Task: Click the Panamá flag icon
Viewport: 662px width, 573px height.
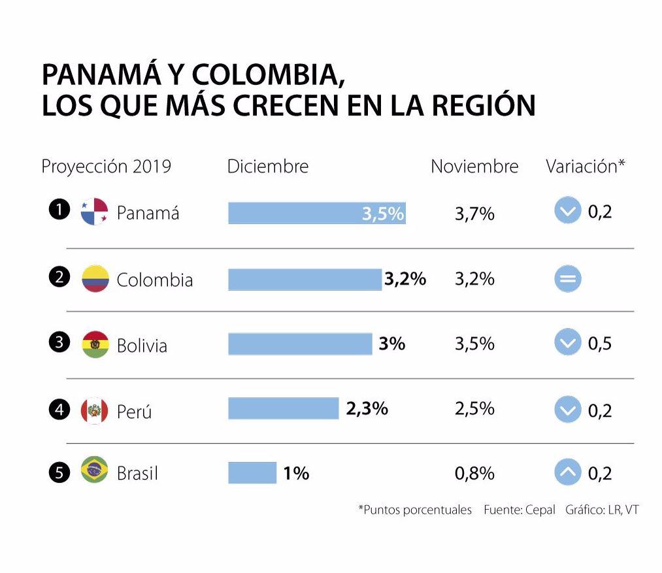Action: (x=94, y=212)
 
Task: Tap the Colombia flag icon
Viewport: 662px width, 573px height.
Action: (x=95, y=278)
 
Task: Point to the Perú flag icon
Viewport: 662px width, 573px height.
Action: (x=94, y=410)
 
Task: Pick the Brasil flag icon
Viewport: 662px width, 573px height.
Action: (x=94, y=470)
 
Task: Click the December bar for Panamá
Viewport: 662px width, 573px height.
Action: (x=316, y=213)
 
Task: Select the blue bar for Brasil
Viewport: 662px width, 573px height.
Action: (x=252, y=472)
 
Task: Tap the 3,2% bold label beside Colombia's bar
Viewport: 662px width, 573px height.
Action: (x=405, y=279)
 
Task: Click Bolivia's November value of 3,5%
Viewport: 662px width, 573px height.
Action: (x=474, y=344)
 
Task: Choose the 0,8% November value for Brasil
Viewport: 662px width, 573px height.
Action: (x=474, y=472)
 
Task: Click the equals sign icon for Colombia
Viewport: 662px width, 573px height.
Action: (x=567, y=280)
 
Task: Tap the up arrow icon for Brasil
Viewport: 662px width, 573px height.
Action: (x=567, y=472)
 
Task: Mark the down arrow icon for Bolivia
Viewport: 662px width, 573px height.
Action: (x=567, y=343)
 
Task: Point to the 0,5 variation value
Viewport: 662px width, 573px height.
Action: (x=600, y=344)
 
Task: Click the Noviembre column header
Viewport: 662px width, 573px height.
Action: (x=474, y=167)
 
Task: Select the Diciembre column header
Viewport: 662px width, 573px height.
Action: (x=267, y=167)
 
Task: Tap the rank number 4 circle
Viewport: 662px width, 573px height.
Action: (x=59, y=410)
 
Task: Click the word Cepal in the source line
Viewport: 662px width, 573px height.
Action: (x=540, y=510)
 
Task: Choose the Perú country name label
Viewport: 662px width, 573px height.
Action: (x=134, y=412)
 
